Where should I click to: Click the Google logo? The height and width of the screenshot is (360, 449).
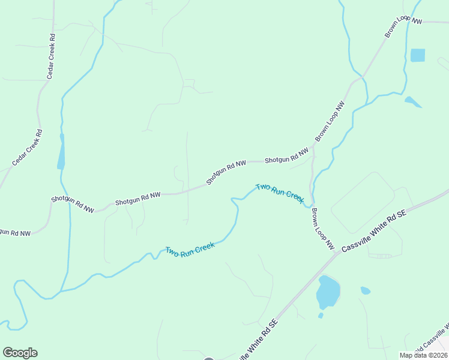[x=20, y=353]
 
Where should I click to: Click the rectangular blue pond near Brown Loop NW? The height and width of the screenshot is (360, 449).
[x=417, y=55]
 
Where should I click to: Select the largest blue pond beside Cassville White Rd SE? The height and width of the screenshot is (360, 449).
[x=328, y=292]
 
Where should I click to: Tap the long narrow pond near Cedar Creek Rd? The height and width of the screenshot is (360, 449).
[x=61, y=151]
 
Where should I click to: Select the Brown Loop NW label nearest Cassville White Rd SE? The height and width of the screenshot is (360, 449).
[x=322, y=229]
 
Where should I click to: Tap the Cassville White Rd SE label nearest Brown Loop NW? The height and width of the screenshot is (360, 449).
[x=375, y=231]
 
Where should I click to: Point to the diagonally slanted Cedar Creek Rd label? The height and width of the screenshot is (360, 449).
[x=27, y=148]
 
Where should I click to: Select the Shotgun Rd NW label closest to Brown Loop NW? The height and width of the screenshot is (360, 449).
[x=287, y=159]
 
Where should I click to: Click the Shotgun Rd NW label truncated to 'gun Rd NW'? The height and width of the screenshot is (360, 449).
[x=13, y=232]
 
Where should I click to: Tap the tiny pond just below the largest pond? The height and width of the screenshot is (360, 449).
[x=321, y=315]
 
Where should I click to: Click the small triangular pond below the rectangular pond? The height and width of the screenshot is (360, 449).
[x=412, y=102]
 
